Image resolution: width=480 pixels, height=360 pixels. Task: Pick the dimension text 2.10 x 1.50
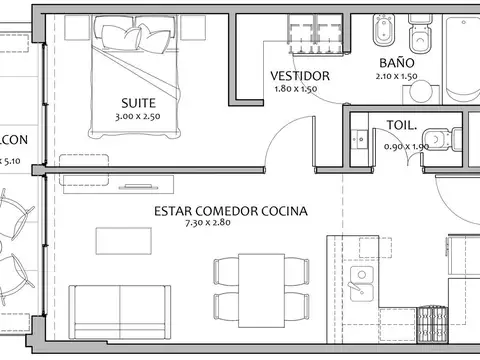396,75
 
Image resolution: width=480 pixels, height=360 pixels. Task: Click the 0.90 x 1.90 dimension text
406,147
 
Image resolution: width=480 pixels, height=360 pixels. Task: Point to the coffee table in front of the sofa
124,241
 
